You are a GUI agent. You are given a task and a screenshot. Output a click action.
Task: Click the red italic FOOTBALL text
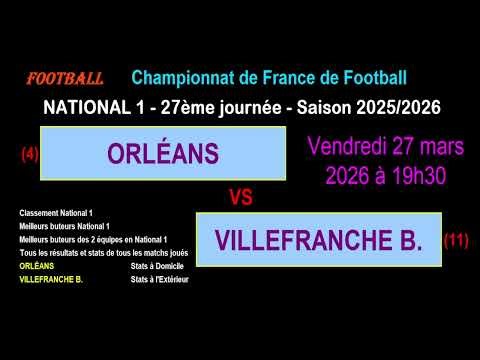(x=64, y=78)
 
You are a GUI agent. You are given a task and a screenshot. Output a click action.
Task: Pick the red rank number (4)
(x=29, y=154)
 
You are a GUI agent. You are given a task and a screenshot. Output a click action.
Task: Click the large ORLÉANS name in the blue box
(x=162, y=154)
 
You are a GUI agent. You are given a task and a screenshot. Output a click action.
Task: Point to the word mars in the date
(x=442, y=147)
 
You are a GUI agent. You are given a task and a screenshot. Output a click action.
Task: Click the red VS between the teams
(x=240, y=198)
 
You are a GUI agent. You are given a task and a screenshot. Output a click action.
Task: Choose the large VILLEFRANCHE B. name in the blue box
(x=318, y=240)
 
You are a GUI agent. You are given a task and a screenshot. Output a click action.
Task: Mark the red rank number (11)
(x=455, y=240)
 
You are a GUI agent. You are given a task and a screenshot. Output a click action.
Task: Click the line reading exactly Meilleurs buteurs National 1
(x=64, y=226)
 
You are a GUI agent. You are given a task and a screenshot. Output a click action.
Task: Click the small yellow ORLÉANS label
(x=37, y=267)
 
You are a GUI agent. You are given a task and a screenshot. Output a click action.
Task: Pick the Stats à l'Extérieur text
(x=159, y=279)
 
